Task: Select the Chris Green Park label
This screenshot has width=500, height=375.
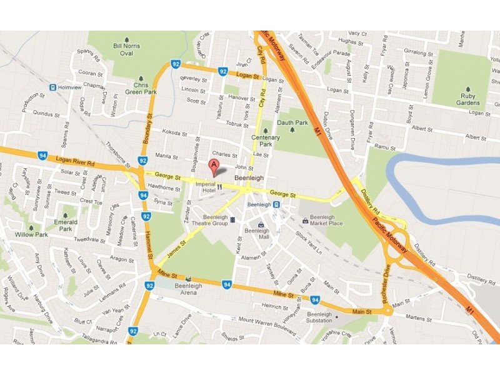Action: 140,89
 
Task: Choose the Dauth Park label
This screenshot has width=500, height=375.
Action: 292,123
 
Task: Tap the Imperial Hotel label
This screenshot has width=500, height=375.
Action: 206,187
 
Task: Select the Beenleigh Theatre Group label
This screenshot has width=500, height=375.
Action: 209,219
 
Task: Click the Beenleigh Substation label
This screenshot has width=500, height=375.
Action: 319,317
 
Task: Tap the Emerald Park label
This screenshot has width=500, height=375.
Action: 66,225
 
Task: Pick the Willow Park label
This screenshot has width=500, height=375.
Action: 31,234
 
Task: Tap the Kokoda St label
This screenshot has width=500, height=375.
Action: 174,133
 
